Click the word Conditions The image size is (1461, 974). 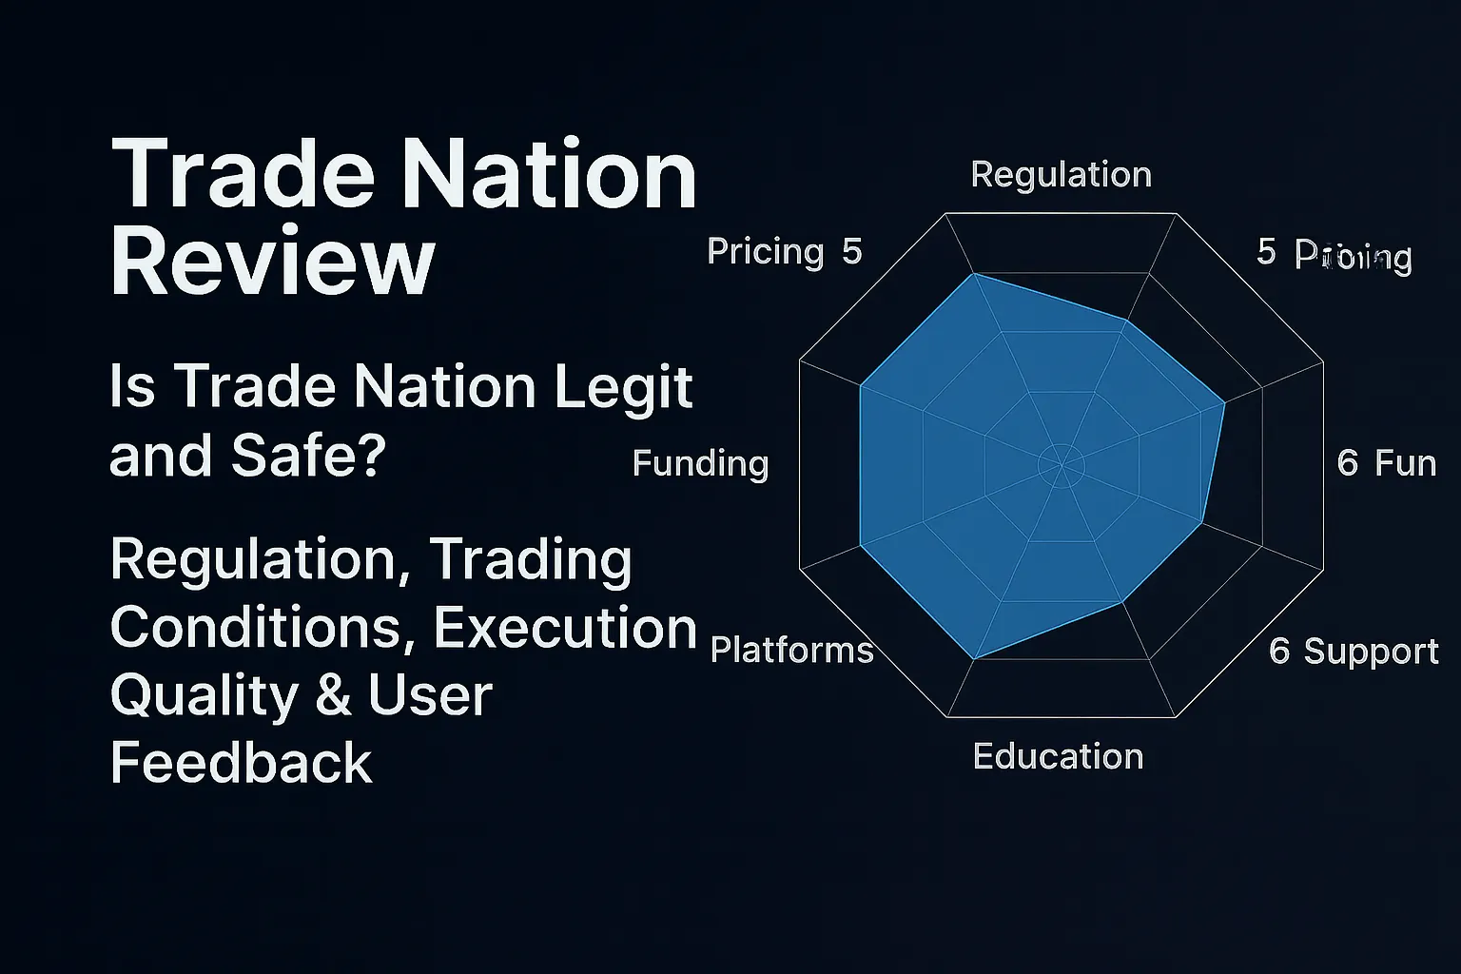[263, 628]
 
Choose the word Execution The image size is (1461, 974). [565, 628]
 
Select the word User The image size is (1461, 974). [430, 695]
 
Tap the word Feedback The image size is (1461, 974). [241, 763]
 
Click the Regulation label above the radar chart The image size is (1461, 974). [1061, 174]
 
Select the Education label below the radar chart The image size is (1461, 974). [1058, 756]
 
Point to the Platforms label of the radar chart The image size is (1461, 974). [791, 650]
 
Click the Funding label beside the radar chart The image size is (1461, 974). [700, 463]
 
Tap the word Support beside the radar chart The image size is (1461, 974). [1371, 651]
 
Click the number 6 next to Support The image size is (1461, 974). [1279, 651]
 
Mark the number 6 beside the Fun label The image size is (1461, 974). [1348, 463]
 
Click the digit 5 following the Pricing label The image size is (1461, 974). [851, 252]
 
